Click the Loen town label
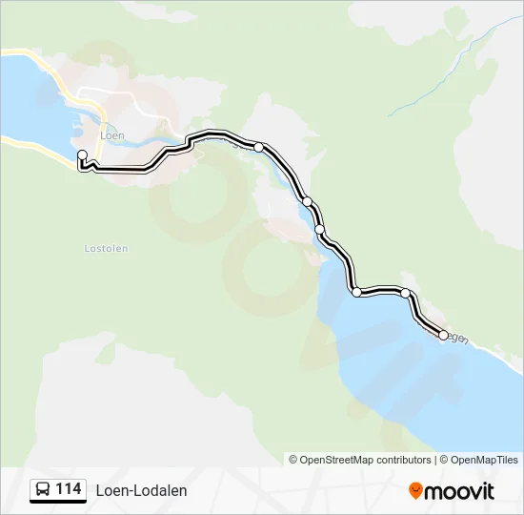[x=112, y=135]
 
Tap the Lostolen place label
[x=106, y=248]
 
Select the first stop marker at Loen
[x=82, y=154]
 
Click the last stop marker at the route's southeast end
[x=443, y=335]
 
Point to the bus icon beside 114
[x=43, y=490]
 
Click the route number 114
[x=69, y=489]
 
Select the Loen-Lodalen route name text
[x=141, y=490]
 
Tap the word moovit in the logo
[x=460, y=490]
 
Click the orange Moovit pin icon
[x=415, y=490]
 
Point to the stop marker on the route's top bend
[x=258, y=147]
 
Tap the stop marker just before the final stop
[x=406, y=293]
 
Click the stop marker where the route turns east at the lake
[x=356, y=292]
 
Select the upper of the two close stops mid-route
[x=307, y=201]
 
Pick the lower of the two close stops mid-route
[x=319, y=229]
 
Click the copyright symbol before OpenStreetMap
[x=293, y=460]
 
